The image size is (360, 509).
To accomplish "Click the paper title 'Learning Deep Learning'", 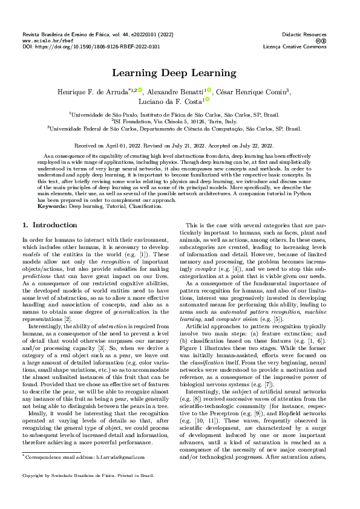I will click(x=180, y=73).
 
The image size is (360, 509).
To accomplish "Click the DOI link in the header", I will click(x=91, y=46).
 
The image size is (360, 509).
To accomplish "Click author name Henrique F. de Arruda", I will click(x=99, y=91).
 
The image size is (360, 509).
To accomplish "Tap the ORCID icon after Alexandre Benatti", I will click(x=211, y=89).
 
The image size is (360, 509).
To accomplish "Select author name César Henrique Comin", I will click(x=251, y=91).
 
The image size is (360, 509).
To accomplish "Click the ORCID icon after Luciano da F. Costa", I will click(x=207, y=100).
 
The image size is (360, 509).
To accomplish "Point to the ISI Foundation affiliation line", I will click(x=180, y=121).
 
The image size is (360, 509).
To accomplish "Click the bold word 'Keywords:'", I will click(x=53, y=189).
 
